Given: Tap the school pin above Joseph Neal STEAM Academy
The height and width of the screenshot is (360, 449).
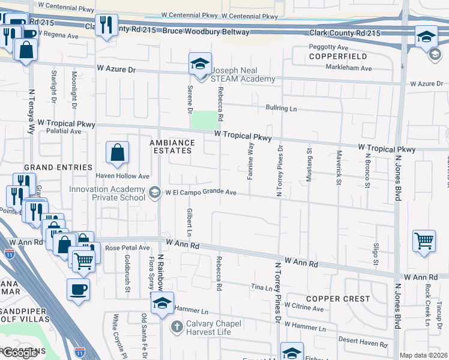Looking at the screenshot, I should (200, 64).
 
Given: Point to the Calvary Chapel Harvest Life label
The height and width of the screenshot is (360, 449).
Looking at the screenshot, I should (221, 326).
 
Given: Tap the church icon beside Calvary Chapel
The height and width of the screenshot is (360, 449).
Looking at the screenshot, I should (176, 326).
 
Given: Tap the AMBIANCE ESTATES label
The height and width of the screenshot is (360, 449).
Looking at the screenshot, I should (173, 147).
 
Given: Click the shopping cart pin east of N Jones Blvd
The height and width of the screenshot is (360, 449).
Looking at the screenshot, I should (424, 242).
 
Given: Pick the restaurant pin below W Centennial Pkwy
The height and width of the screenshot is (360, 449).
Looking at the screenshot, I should (106, 25).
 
